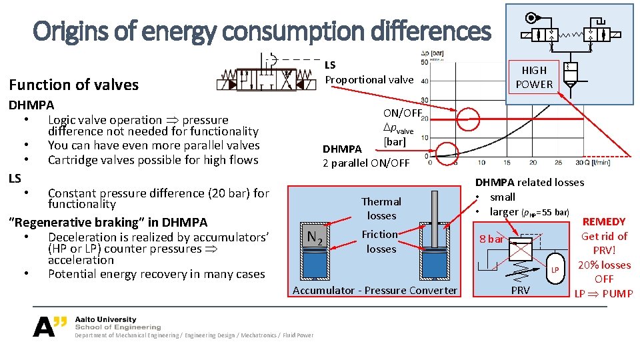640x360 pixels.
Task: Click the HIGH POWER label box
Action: click(534, 77)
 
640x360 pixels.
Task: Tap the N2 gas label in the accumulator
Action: click(315, 236)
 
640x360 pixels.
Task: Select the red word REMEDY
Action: click(604, 221)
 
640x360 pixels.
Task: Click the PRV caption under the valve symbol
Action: click(520, 290)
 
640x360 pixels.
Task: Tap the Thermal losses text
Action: click(381, 208)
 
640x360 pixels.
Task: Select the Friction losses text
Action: click(380, 241)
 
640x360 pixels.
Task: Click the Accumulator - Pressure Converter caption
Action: click(375, 290)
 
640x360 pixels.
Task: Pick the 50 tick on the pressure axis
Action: click(425, 62)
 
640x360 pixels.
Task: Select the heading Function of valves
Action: click(73, 85)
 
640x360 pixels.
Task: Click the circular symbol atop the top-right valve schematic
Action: click(531, 18)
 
